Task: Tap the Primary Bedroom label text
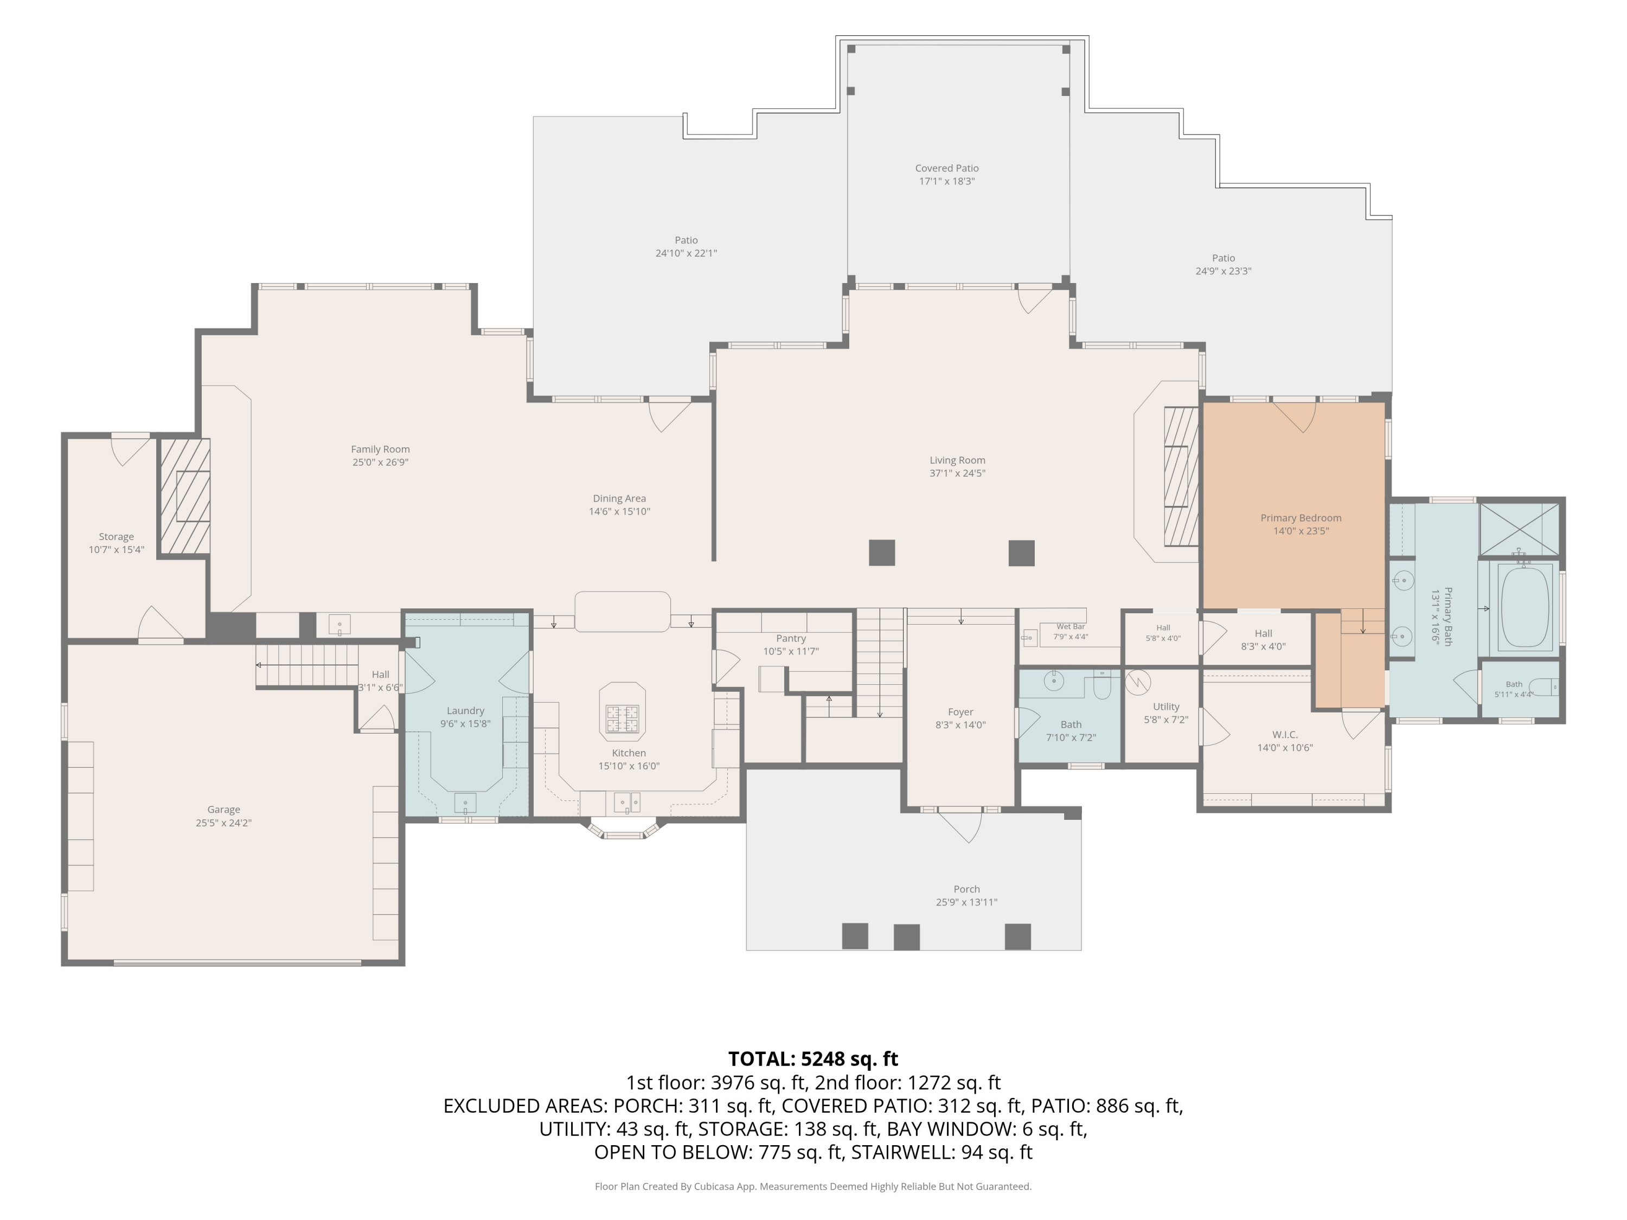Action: click(1301, 518)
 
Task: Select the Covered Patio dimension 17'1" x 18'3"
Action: click(946, 181)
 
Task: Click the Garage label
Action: click(223, 810)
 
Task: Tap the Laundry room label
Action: click(465, 710)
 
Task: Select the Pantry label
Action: click(791, 638)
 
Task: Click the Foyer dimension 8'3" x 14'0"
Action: click(960, 724)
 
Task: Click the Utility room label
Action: click(1166, 707)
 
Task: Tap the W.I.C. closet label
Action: click(1285, 735)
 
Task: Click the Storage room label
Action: click(116, 537)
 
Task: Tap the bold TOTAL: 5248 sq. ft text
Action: click(813, 1059)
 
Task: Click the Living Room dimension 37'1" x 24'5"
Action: click(957, 473)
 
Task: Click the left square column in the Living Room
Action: click(882, 553)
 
